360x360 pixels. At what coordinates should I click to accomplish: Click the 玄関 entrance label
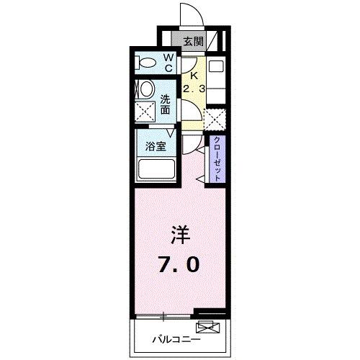click(x=192, y=42)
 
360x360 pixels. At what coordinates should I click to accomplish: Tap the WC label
click(x=167, y=63)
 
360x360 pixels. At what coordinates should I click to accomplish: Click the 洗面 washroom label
click(x=166, y=105)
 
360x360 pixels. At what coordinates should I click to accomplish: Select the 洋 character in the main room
click(x=181, y=235)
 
